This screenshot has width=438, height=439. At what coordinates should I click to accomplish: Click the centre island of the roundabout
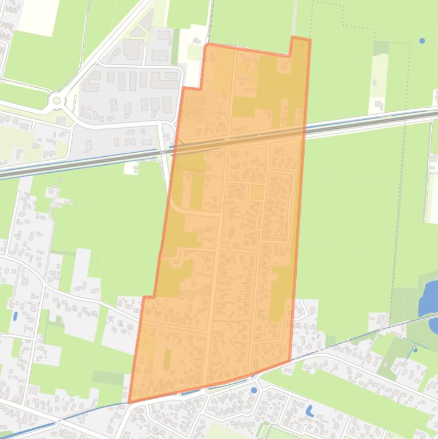[x=56, y=101]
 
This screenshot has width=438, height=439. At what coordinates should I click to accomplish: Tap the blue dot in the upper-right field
[x=422, y=41]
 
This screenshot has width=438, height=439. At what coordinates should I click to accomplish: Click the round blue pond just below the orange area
[x=254, y=391]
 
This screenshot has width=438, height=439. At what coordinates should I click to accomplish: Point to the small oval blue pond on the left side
[x=15, y=316]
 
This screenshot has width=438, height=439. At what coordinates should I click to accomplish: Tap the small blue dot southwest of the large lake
[x=415, y=350]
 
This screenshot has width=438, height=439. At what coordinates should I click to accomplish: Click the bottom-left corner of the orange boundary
[x=130, y=401]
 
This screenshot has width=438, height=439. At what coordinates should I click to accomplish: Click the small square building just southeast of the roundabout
[x=61, y=121]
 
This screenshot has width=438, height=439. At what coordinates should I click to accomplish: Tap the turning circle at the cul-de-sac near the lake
[x=386, y=318]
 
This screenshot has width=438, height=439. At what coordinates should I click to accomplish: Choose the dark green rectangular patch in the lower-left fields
[x=108, y=377]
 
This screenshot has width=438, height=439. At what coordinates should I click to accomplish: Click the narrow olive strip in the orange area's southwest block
[x=167, y=360]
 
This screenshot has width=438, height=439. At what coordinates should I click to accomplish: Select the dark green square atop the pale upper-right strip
[x=380, y=48]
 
